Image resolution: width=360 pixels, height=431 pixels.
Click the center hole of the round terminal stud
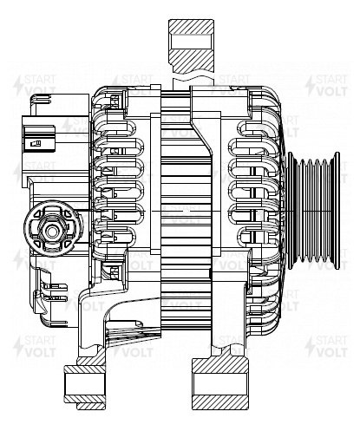tap(52, 231)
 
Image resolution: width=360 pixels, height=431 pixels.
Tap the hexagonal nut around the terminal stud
tap(52, 231)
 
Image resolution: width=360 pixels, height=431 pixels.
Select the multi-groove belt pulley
tap(314, 211)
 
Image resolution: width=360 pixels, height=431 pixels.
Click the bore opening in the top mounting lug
tap(191, 42)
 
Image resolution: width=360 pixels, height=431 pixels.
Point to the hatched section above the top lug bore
tap(191, 27)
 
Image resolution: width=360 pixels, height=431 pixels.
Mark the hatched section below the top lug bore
tap(191, 61)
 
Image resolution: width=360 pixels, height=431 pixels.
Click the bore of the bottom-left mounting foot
tap(84, 384)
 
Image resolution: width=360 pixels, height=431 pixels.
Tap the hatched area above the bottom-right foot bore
tap(220, 365)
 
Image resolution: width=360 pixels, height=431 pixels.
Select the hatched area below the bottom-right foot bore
tap(220, 402)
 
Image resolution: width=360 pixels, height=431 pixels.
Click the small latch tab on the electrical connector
tap(36, 143)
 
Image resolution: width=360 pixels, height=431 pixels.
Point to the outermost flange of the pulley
tap(337, 211)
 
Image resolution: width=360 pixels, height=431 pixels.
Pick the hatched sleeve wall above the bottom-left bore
tap(84, 369)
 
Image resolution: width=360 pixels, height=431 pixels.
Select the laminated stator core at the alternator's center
tap(186, 210)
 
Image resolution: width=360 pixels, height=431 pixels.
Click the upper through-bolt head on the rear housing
tap(115, 100)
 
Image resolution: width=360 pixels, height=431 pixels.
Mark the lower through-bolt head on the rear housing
tap(115, 271)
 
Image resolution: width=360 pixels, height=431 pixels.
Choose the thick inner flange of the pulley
tap(291, 211)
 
